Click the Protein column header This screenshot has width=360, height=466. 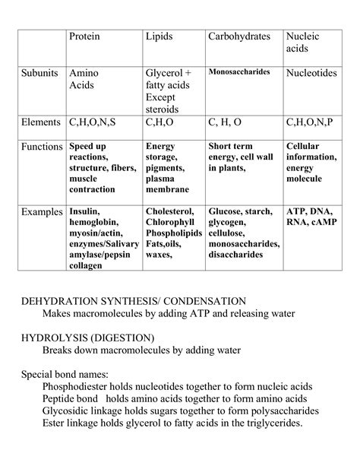click(84, 36)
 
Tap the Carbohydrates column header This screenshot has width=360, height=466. click(241, 36)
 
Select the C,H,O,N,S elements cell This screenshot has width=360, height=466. click(93, 121)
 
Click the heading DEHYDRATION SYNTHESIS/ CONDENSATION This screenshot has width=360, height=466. click(133, 301)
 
